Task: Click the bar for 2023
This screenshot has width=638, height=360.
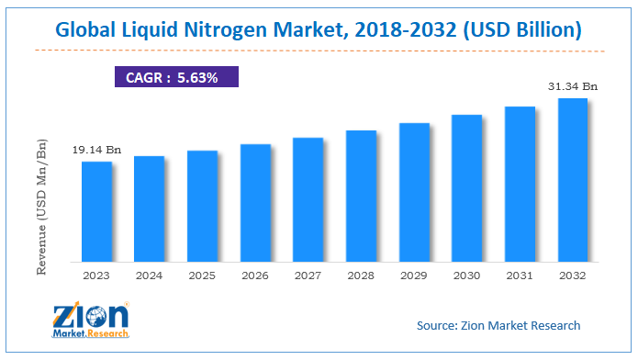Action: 96,211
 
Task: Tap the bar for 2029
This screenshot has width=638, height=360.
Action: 414,192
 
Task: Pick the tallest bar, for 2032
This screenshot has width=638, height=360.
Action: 573,179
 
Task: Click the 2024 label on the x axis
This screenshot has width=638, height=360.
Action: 150,274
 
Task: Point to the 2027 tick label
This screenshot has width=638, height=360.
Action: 308,274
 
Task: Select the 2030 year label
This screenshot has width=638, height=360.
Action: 467,274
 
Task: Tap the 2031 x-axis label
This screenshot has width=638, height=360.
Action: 520,274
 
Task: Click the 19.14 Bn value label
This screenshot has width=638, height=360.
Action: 96,149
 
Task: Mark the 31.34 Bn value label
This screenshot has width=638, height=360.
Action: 573,85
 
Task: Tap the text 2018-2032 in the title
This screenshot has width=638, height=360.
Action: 408,29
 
